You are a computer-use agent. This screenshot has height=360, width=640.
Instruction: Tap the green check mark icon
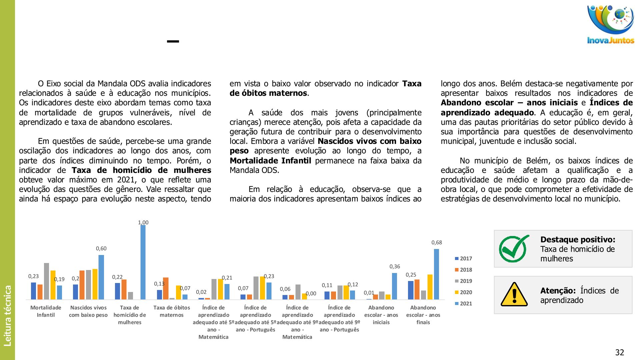(x=513, y=249)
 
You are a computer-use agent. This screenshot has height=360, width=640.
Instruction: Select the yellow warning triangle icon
(x=514, y=295)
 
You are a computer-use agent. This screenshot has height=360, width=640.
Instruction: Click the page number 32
(x=620, y=352)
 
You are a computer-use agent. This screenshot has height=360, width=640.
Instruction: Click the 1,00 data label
(x=143, y=222)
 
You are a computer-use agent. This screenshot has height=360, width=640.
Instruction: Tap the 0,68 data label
(x=437, y=242)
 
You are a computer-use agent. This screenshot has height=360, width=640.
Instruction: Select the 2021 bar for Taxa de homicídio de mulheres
(x=143, y=262)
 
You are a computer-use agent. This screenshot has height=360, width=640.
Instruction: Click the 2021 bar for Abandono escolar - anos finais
(x=436, y=274)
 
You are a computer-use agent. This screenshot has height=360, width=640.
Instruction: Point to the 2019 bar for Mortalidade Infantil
(x=46, y=281)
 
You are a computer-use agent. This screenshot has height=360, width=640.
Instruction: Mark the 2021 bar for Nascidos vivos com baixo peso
(x=101, y=277)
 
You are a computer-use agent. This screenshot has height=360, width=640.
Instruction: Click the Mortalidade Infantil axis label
(x=46, y=311)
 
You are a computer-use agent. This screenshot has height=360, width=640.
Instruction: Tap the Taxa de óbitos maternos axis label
(x=172, y=311)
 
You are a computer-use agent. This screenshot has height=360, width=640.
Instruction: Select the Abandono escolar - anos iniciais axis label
(x=381, y=315)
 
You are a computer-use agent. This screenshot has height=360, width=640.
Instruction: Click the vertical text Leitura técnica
(x=7, y=315)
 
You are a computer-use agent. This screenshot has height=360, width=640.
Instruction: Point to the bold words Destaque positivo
(x=578, y=239)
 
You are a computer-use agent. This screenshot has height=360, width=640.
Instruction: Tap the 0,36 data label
(x=395, y=266)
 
